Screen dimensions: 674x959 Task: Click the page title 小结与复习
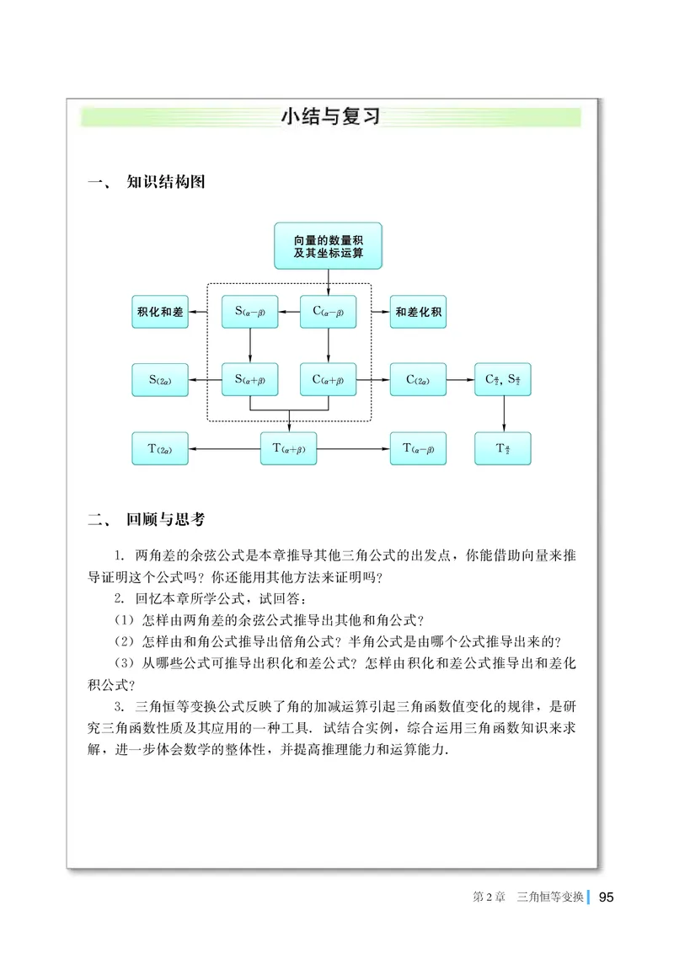(x=330, y=117)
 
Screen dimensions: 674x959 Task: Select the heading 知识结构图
(x=165, y=183)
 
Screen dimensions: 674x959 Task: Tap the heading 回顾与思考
(x=165, y=520)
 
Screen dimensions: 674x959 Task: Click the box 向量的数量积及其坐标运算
(x=328, y=246)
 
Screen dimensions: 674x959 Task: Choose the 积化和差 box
(x=160, y=312)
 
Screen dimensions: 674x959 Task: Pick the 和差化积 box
(x=418, y=312)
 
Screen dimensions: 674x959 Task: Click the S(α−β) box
(x=250, y=312)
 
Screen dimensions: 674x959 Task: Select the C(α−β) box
(x=329, y=312)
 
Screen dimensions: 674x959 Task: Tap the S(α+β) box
(x=250, y=380)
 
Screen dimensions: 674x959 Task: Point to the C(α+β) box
(x=329, y=380)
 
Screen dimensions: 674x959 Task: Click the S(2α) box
(x=160, y=380)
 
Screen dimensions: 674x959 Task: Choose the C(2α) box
(x=418, y=380)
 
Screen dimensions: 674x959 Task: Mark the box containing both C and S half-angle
(x=503, y=380)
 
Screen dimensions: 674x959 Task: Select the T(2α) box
(x=160, y=448)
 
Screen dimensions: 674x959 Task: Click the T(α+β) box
(x=289, y=448)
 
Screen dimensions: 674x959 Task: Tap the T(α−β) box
(x=418, y=448)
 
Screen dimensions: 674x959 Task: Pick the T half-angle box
(x=503, y=448)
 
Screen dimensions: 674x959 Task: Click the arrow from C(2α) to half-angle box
(x=460, y=380)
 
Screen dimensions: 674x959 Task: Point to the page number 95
(x=606, y=898)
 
